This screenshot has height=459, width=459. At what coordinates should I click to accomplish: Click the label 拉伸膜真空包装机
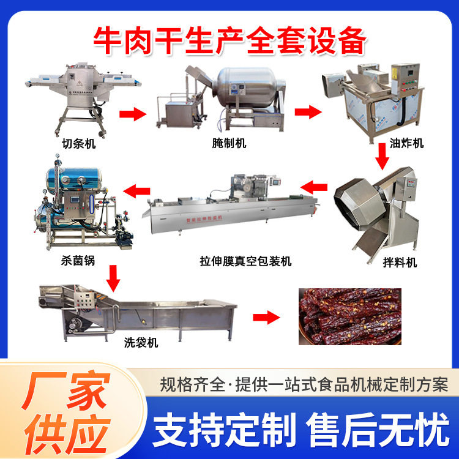[248, 261]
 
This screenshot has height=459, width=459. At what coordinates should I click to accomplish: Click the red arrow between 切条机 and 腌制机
[133, 113]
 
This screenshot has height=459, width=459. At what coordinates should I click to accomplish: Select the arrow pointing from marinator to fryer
[308, 112]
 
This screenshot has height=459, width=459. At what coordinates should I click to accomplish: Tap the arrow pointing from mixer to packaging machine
[316, 186]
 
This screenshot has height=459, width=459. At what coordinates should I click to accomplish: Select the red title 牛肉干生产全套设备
[229, 40]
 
